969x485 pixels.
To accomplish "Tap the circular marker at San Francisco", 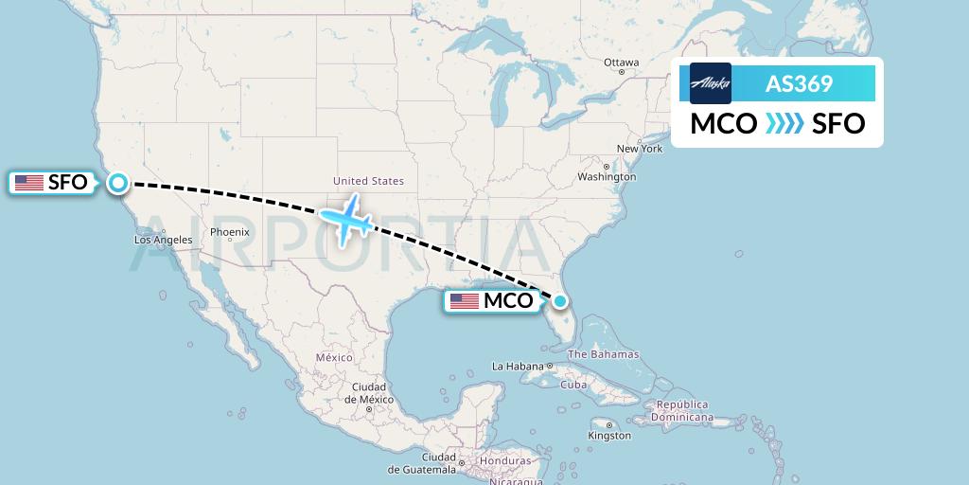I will pos(118,183).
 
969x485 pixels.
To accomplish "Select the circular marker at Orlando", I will pos(560,301).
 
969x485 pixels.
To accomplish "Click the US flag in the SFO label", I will pos(29,183).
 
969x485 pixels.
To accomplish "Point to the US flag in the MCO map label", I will pos(465,301).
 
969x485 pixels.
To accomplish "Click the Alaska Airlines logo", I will pos(711,83).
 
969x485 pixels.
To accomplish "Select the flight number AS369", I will pos(799,84).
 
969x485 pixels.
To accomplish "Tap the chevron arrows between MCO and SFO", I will pos(784,123).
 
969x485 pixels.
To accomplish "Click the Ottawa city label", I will pos(622,63).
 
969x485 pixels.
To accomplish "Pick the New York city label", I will pos(640,149).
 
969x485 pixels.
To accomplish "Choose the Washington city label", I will pos(607,177).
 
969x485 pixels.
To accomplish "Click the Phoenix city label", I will pos(230,232).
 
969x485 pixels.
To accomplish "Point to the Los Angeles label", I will pos(164,241).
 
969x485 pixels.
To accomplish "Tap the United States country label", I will pos(368,181).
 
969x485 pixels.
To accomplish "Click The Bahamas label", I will pos(603,354).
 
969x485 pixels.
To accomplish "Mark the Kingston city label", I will pos(609,436).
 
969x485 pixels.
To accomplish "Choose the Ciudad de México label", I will pos(368,393).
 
